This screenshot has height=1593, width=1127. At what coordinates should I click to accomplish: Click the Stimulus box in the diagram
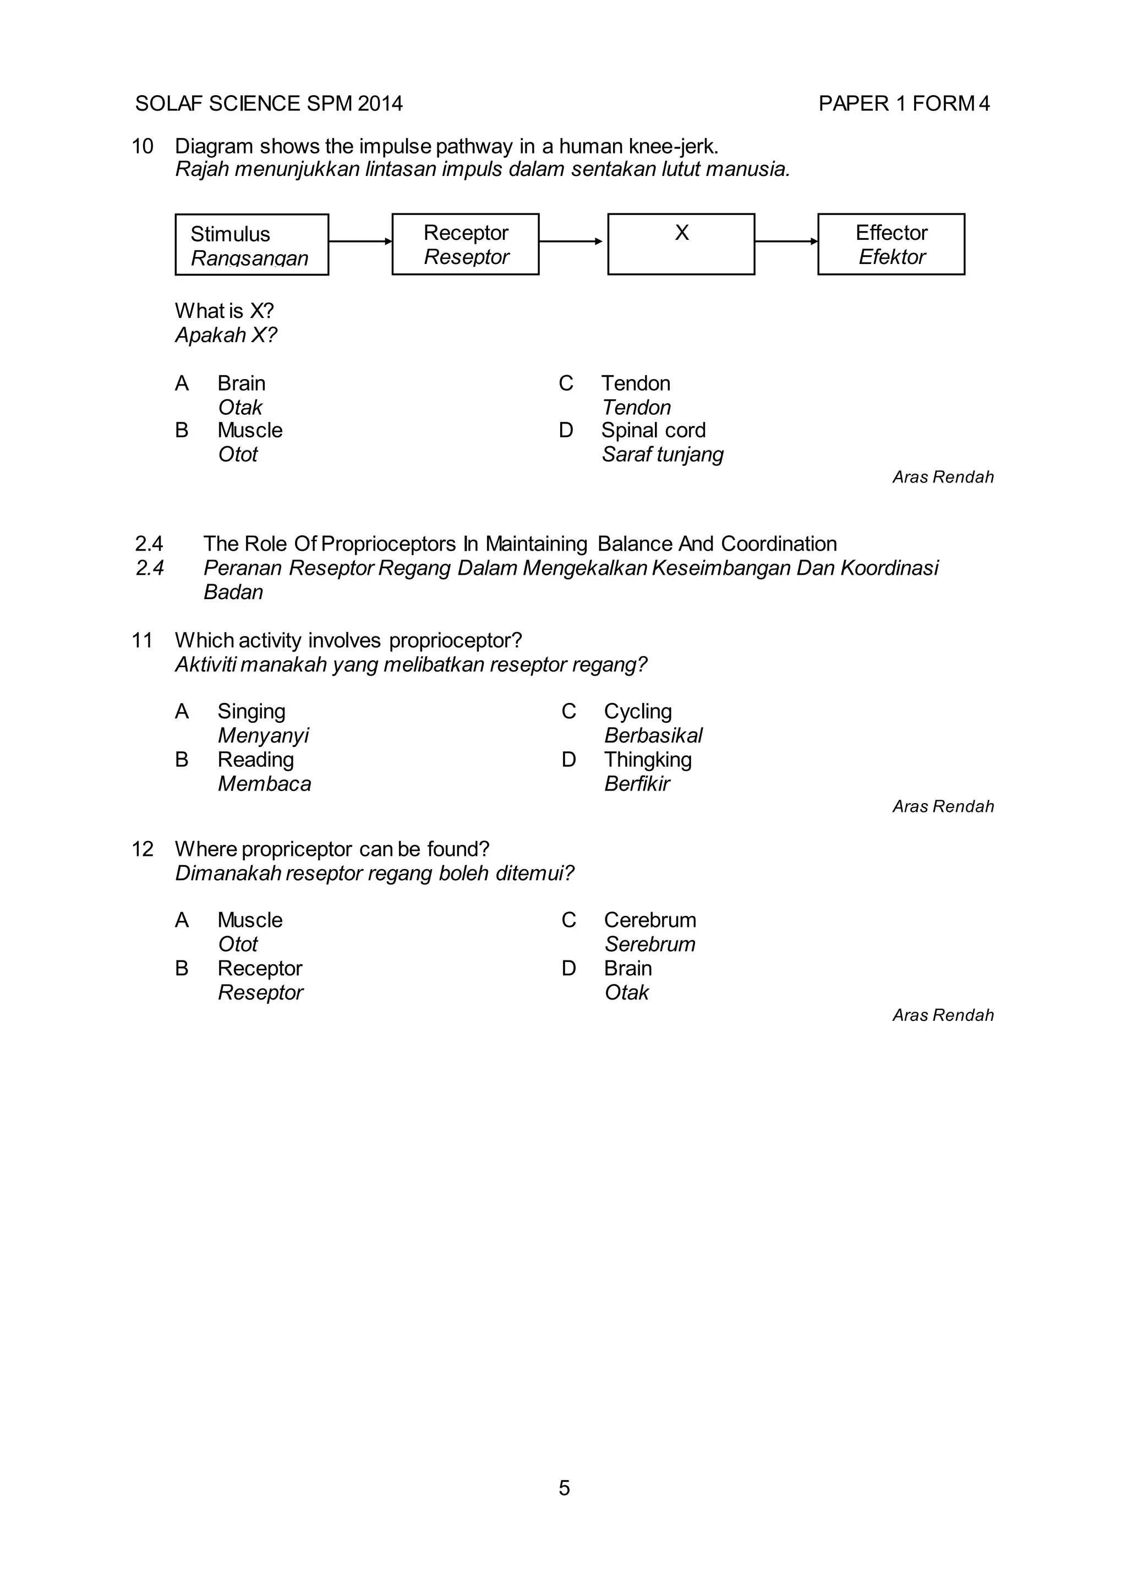click(x=251, y=244)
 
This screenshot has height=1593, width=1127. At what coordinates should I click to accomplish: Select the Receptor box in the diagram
click(x=465, y=244)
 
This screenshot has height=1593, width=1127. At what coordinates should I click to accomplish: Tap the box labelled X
click(x=681, y=244)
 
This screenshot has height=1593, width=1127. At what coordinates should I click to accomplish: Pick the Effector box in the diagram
click(x=891, y=244)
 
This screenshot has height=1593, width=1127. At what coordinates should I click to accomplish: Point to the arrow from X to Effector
click(x=786, y=241)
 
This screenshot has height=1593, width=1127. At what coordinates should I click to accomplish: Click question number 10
click(x=143, y=146)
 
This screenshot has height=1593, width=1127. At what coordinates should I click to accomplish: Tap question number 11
click(x=143, y=640)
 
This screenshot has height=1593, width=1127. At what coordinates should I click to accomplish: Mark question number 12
click(x=143, y=849)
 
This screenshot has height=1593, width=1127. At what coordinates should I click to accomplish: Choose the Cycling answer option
click(x=637, y=711)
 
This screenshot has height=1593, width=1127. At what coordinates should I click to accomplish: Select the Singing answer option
click(x=251, y=711)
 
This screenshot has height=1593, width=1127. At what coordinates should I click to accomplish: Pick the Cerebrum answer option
click(x=649, y=920)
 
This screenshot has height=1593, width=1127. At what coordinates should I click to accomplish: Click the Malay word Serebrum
click(x=649, y=944)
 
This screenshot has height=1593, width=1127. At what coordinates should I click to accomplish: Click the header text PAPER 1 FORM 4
click(x=904, y=103)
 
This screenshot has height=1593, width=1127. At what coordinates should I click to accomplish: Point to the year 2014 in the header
click(x=380, y=103)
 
